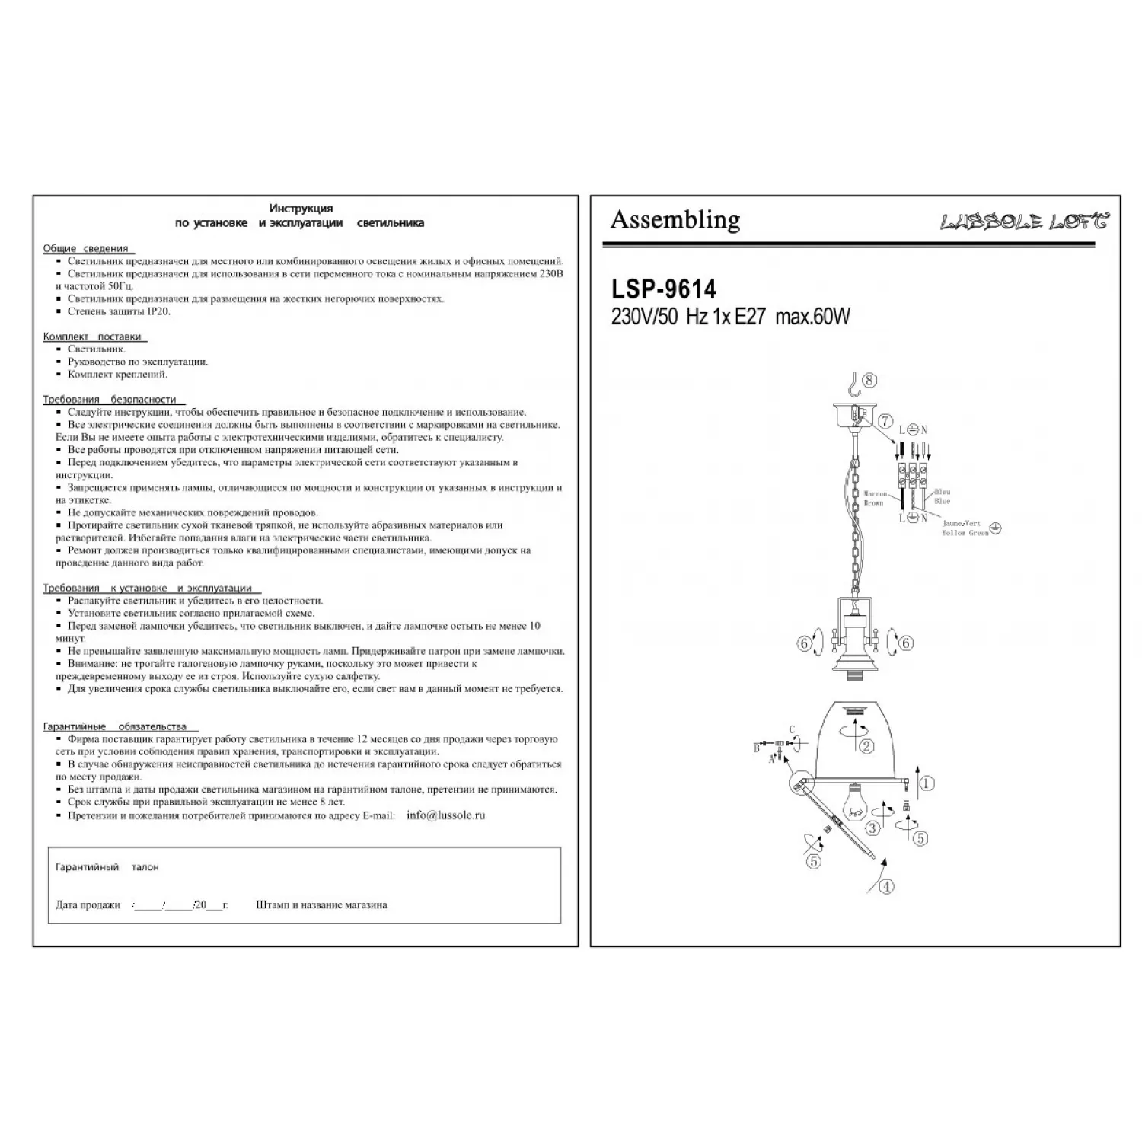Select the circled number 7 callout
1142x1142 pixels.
click(x=885, y=421)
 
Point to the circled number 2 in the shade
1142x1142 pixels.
click(x=866, y=746)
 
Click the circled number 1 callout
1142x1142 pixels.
click(x=927, y=783)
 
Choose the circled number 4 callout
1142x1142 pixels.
click(x=886, y=887)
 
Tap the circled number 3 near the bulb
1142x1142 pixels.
click(x=872, y=828)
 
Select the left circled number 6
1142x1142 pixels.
click(x=805, y=644)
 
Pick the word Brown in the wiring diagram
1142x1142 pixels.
click(x=873, y=503)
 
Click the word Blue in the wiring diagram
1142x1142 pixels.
click(x=942, y=502)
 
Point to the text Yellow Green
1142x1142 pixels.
click(x=965, y=533)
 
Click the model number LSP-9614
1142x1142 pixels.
click(x=663, y=289)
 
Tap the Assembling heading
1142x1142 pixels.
click(x=675, y=219)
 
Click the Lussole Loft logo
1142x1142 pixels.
click(x=1024, y=222)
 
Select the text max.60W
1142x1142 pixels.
click(x=812, y=317)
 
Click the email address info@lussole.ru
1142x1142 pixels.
click(x=445, y=815)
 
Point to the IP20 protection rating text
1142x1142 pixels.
click(x=158, y=311)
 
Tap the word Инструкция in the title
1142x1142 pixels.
click(x=301, y=208)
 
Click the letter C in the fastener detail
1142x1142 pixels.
click(x=792, y=729)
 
